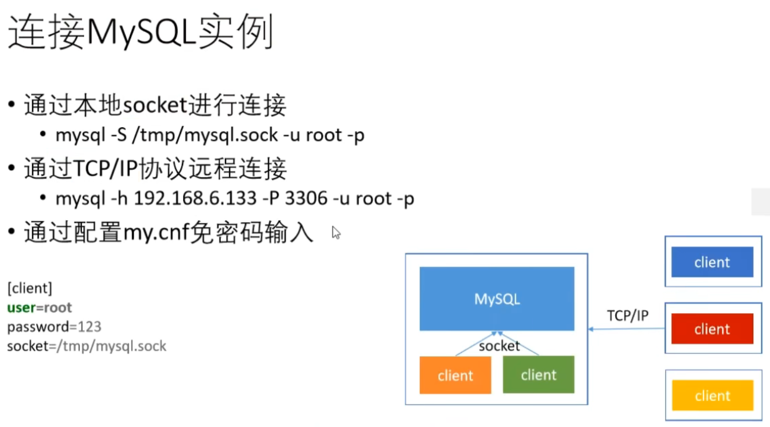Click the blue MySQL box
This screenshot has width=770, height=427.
[497, 299]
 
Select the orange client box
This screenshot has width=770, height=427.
[455, 375]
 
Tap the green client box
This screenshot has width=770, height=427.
[539, 374]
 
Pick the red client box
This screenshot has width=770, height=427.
[712, 329]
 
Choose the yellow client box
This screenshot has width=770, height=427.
[712, 395]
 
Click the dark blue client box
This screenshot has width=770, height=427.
[712, 262]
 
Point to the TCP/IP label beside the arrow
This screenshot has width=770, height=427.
[628, 315]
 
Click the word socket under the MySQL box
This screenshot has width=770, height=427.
[499, 346]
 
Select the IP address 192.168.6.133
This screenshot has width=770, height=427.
[195, 199]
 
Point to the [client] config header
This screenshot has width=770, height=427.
[30, 288]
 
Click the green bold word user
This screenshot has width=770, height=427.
[21, 308]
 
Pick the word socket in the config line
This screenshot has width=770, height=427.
[27, 346]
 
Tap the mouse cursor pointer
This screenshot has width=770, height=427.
[335, 231]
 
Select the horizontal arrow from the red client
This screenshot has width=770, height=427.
[626, 329]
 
